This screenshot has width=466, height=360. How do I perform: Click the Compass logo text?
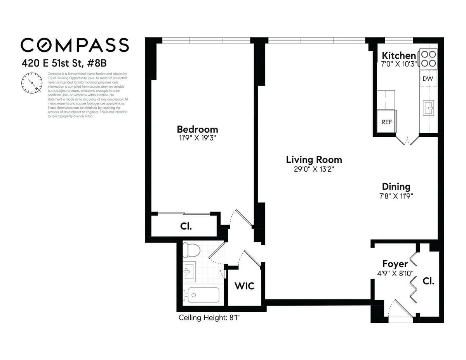75,45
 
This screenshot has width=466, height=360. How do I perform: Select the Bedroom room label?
197,129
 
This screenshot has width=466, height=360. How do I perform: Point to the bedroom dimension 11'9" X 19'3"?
197,138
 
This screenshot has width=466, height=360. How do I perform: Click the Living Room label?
314,160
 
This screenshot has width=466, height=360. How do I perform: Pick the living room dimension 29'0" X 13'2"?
314,169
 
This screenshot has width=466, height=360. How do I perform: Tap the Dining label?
396,186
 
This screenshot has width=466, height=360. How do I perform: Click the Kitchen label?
398,55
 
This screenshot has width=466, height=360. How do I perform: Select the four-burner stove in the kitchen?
428,59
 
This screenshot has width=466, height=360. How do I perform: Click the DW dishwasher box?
428,78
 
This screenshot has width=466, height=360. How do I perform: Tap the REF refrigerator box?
386,122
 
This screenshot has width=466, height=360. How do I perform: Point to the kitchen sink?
429,107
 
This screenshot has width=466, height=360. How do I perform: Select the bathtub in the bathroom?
201,295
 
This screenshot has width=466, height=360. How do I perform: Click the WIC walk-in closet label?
245,286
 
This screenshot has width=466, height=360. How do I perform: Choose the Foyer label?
395,264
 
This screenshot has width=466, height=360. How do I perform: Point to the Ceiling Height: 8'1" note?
212,318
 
